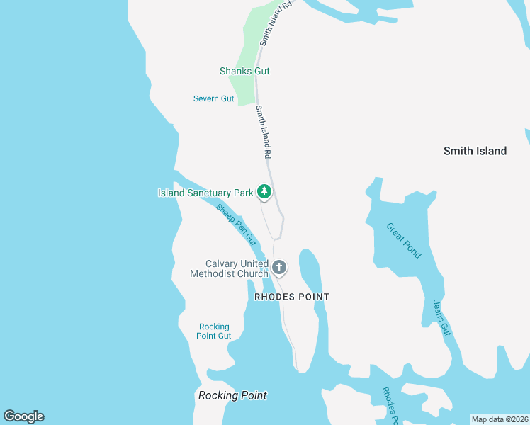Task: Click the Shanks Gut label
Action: (x=244, y=71)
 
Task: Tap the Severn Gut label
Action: (x=213, y=98)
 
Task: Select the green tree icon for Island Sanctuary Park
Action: (x=264, y=191)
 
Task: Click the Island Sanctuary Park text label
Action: (x=205, y=193)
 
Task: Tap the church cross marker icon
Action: (x=279, y=267)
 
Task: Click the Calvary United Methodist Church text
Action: (x=230, y=268)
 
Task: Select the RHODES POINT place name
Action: (x=292, y=297)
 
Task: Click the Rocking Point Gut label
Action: (x=214, y=331)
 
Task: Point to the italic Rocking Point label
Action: (x=232, y=395)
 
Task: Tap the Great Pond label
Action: (x=404, y=241)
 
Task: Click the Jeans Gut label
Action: (x=441, y=317)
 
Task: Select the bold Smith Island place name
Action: (x=475, y=151)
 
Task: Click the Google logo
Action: (x=23, y=416)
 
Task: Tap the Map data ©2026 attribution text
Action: (x=500, y=419)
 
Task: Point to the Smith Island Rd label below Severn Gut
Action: (x=264, y=132)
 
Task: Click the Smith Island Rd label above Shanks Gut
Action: (x=275, y=24)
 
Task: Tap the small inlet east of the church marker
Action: (x=310, y=269)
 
